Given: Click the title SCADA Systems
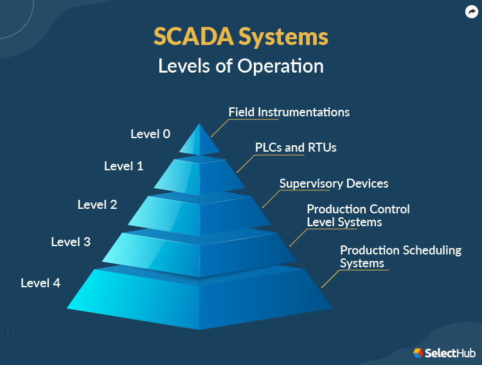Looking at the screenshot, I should coord(241,37).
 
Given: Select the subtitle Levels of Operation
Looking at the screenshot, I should coord(241,66).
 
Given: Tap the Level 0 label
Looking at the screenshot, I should coord(150,134).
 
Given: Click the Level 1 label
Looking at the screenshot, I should coord(123,166).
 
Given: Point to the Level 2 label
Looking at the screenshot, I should coord(97,204).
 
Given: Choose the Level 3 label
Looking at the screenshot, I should coord(71,242).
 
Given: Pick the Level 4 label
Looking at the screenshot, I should coord(40,282).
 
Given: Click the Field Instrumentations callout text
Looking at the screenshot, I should coord(289,112).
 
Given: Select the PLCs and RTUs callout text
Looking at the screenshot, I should coord(296,147).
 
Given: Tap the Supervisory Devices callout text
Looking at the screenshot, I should coord(334,183).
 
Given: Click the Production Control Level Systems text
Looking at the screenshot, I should coord(358,216).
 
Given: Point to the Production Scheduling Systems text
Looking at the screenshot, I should coord(400,256).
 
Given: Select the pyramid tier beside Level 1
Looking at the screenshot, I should coord(199,175).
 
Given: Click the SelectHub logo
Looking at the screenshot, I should coord(443,353).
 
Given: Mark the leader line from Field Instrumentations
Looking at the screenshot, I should coord(220,127).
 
